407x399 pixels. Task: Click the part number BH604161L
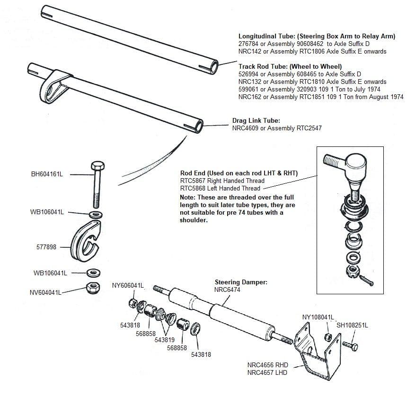click(x=47, y=174)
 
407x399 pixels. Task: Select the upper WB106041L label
click(x=46, y=212)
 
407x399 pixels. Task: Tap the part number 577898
click(x=46, y=247)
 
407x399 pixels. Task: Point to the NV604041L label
click(x=46, y=292)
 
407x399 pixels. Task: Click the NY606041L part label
click(x=128, y=285)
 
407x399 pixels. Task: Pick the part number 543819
click(x=164, y=340)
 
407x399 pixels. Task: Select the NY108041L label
click(x=318, y=317)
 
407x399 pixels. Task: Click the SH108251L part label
click(x=352, y=325)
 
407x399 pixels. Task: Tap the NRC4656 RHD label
click(x=267, y=365)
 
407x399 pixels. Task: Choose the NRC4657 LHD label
click(x=267, y=372)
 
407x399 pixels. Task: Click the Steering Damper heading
click(x=241, y=282)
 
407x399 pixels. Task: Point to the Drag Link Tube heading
click(x=256, y=121)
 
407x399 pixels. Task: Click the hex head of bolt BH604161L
click(x=97, y=167)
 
